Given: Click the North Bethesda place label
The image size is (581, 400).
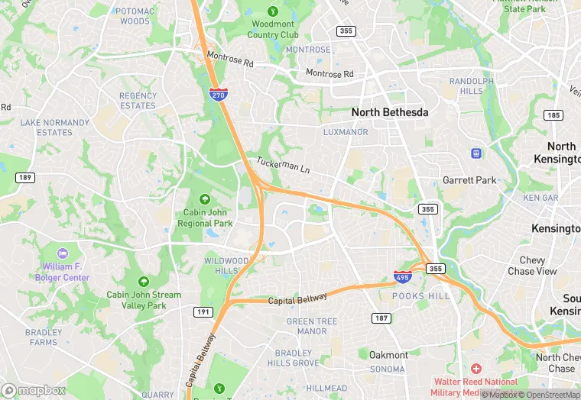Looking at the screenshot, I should pyautogui.click(x=389, y=112).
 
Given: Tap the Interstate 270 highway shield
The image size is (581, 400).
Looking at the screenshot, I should pyautogui.click(x=217, y=93).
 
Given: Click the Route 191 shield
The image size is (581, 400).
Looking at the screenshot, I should pyautogui.click(x=203, y=311).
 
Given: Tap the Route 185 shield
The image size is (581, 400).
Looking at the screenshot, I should pyautogui.click(x=553, y=115).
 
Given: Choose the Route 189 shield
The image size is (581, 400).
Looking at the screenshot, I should pyautogui.click(x=25, y=177).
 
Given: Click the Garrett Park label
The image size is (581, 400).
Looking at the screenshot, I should pyautogui.click(x=469, y=181).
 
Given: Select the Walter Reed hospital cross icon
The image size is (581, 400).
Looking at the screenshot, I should pyautogui.click(x=476, y=369).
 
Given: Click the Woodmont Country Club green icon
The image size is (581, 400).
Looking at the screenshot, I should pyautogui.click(x=273, y=11).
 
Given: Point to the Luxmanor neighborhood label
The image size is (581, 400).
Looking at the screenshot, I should pyautogui.click(x=346, y=132).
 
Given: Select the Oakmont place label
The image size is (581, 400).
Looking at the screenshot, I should pyautogui.click(x=388, y=355).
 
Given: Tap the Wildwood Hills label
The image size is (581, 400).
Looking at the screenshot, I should pyautogui.click(x=226, y=266).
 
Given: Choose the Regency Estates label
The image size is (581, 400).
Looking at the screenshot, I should pyautogui.click(x=138, y=101).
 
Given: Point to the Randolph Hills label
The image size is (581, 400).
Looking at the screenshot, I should pyautogui.click(x=471, y=85).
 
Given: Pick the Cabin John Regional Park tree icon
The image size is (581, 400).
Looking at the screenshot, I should pyautogui.click(x=204, y=200).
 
